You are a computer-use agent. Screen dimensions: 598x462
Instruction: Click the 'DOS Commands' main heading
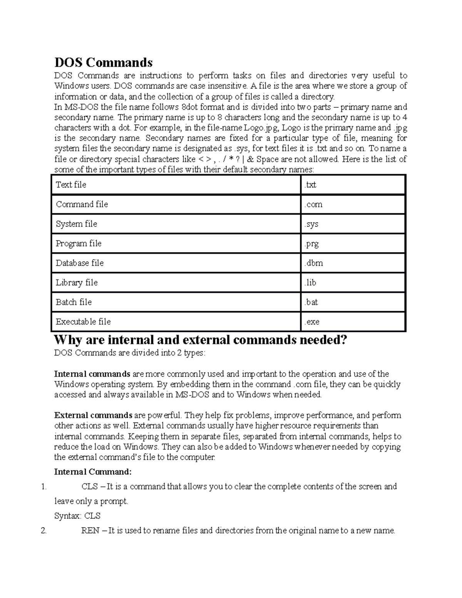[x=103, y=62]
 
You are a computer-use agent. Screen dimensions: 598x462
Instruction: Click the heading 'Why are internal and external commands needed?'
[x=201, y=340]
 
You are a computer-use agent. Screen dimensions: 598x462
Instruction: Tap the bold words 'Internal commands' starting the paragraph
[x=92, y=374]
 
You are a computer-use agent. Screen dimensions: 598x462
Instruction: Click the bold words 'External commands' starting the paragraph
[x=93, y=415]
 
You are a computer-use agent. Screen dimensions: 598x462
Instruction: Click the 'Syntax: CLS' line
[x=77, y=516]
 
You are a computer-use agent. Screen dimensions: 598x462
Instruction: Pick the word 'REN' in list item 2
[x=90, y=531]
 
